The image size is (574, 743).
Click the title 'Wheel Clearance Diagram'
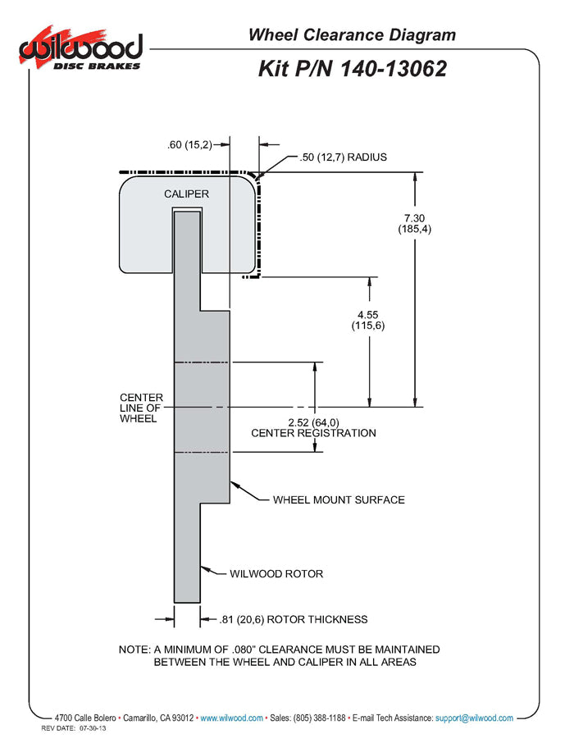(352, 34)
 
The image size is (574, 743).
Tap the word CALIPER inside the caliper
(186, 194)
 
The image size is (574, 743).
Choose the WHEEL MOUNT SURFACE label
(339, 499)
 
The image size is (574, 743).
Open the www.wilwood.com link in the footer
(231, 718)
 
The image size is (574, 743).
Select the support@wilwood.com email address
(475, 718)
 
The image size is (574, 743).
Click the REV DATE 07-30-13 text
(74, 728)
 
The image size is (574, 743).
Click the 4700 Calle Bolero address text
(85, 718)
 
